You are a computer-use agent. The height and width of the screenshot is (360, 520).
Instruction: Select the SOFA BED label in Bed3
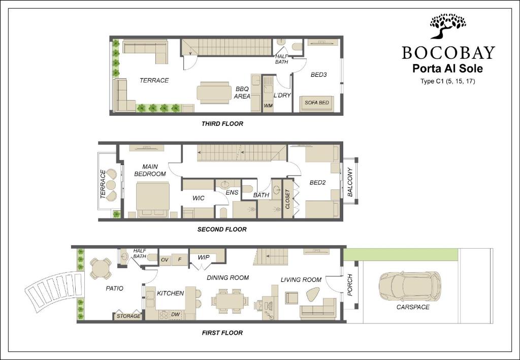(317, 103)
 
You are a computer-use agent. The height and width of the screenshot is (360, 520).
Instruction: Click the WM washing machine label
(268, 106)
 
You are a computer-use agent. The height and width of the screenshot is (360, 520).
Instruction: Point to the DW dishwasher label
(175, 314)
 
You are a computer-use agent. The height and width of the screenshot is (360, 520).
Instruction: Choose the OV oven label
(165, 260)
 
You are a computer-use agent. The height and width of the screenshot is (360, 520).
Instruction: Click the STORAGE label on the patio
(128, 316)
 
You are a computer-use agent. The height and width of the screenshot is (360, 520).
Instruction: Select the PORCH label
(350, 285)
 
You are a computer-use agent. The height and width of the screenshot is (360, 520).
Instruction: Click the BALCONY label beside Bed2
(350, 182)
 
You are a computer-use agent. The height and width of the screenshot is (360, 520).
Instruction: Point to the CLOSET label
(287, 199)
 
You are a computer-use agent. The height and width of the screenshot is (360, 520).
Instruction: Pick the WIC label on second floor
(199, 198)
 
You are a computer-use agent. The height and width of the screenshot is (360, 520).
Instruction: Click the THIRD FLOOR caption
(222, 124)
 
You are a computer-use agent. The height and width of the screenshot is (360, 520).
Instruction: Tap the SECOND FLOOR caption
(222, 230)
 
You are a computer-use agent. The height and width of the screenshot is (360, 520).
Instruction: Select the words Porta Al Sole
(447, 69)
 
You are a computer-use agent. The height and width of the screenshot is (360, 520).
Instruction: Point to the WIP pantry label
(203, 257)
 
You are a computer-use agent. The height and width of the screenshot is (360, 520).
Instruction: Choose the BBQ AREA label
(242, 92)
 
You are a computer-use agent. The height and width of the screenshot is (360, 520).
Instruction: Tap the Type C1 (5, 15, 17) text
(447, 81)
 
